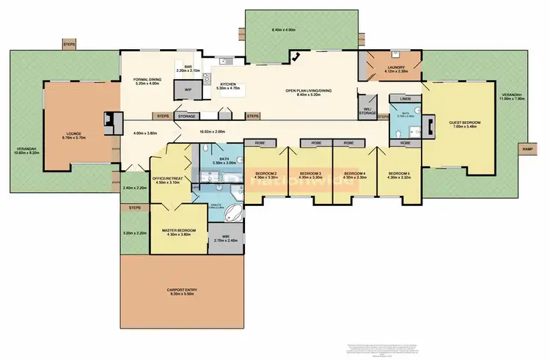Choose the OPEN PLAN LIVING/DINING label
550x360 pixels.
click(x=309, y=92)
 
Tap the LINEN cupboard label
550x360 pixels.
click(x=405, y=98)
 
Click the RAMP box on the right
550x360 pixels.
click(x=527, y=149)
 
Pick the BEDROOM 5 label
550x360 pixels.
click(x=399, y=174)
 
